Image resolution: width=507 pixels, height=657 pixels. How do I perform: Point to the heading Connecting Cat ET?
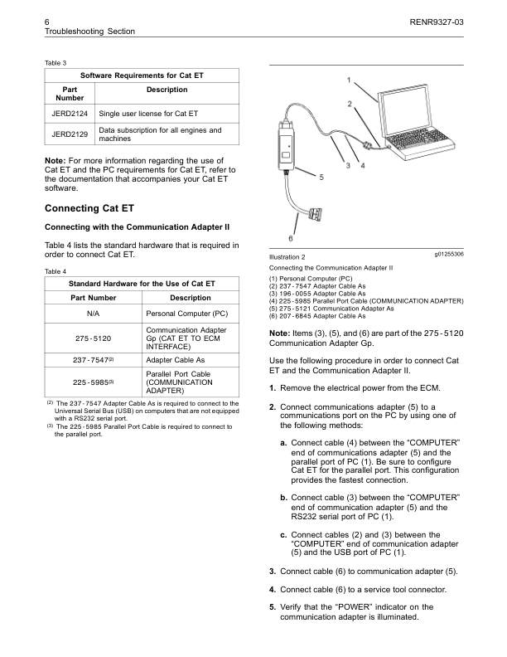[89, 207]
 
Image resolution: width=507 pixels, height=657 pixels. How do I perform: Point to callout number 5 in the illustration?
[321, 176]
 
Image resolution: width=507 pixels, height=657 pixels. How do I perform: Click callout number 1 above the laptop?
[349, 80]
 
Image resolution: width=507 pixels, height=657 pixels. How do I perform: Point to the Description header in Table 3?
[167, 90]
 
